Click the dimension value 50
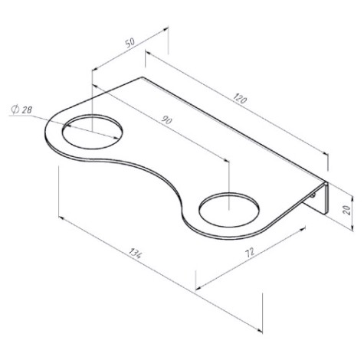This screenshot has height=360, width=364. pyautogui.click(x=130, y=42)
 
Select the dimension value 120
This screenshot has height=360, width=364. pyautogui.click(x=240, y=99)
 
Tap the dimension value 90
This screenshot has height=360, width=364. pyautogui.click(x=167, y=120)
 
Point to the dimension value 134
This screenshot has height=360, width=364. pyautogui.click(x=135, y=252)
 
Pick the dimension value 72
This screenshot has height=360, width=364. pyautogui.click(x=250, y=252)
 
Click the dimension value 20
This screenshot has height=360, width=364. pyautogui.click(x=346, y=211)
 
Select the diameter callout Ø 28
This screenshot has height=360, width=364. pyautogui.click(x=21, y=110)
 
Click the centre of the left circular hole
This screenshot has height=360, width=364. pyautogui.click(x=93, y=132)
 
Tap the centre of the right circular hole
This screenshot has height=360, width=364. pyautogui.click(x=229, y=210)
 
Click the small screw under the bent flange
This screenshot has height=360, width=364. pyautogui.click(x=313, y=195)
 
